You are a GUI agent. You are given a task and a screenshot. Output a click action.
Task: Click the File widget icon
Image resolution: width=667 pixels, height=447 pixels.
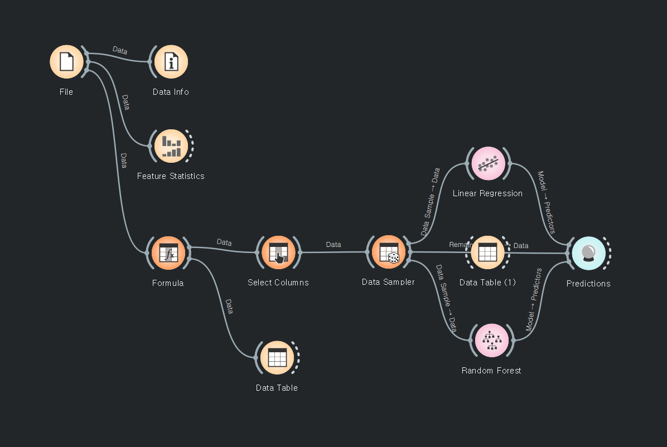click(x=66, y=61)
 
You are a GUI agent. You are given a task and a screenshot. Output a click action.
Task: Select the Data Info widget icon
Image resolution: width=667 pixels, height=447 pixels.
click(x=171, y=62)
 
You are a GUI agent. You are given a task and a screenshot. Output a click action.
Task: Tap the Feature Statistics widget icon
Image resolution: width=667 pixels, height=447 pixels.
click(x=171, y=146)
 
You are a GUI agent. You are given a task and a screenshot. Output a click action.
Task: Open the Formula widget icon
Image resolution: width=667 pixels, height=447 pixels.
click(x=168, y=253)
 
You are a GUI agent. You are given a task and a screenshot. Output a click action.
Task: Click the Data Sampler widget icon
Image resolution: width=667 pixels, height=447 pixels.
click(x=388, y=252)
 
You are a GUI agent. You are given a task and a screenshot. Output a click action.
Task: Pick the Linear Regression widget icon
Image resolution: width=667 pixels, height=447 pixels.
click(x=488, y=164)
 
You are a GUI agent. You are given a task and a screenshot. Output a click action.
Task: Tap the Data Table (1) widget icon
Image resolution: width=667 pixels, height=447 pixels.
click(x=487, y=252)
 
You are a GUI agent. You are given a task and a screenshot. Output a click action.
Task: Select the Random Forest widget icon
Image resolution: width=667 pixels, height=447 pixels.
click(x=491, y=340)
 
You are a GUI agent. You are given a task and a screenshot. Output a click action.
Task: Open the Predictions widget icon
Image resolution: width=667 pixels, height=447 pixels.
click(x=588, y=254)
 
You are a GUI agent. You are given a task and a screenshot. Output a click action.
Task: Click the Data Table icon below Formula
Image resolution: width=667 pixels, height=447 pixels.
click(x=277, y=358)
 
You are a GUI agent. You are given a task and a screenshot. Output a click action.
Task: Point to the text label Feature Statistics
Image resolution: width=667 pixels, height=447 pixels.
click(x=171, y=176)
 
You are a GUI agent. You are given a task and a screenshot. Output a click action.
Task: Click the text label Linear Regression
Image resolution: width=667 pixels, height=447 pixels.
click(x=487, y=193)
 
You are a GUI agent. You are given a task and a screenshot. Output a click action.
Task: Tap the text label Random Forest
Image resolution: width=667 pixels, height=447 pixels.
click(x=491, y=371)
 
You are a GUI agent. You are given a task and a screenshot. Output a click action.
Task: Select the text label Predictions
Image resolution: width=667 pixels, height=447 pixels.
click(x=588, y=284)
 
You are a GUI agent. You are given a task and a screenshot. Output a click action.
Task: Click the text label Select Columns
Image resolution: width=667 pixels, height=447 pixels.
click(x=278, y=283)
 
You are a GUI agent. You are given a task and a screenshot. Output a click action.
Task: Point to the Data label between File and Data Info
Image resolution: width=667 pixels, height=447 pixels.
click(x=120, y=50)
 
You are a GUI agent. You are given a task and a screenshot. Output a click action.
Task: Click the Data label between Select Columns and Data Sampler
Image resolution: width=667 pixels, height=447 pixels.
click(x=333, y=245)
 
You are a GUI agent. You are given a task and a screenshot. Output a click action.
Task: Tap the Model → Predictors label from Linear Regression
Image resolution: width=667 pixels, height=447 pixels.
click(x=546, y=202)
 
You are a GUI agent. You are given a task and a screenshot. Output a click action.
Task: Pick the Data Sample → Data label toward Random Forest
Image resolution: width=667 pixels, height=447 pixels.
click(x=446, y=298)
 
